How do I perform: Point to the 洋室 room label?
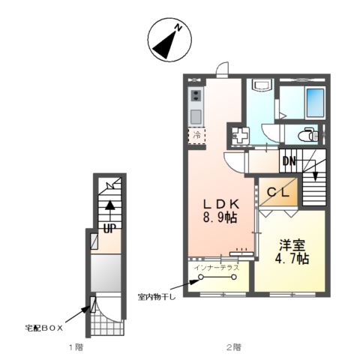click(x=292, y=244)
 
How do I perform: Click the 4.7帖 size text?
click(x=292, y=259)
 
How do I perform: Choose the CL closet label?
click(x=279, y=192)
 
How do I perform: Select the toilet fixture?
click(x=307, y=135)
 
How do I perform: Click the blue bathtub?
click(x=314, y=100)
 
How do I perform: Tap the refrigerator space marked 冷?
click(x=196, y=136)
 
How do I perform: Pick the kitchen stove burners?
click(x=196, y=95)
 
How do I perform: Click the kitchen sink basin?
click(x=196, y=115)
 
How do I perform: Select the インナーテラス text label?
click(x=216, y=266)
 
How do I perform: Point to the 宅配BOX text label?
click(x=43, y=328)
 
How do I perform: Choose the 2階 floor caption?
click(x=233, y=347)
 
